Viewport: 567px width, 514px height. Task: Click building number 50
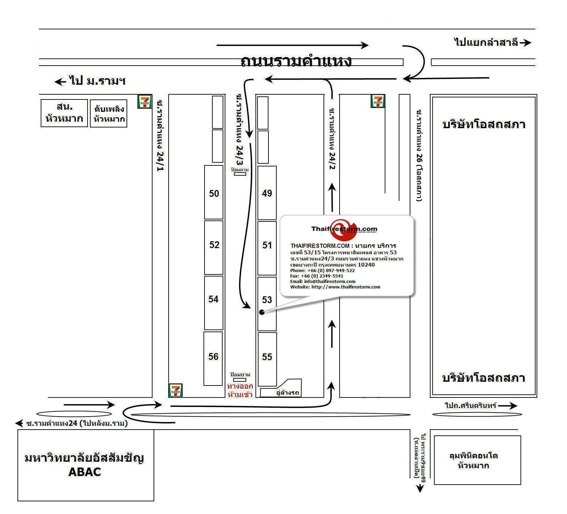point(214,193)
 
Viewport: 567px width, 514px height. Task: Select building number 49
point(267,193)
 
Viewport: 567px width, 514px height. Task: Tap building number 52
point(214,245)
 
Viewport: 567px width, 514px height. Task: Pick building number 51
point(267,245)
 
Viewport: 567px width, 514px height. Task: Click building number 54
point(213,299)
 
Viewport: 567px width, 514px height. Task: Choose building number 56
point(213,356)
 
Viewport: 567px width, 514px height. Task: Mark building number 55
point(267,357)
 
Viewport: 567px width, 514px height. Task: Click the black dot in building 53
point(262,312)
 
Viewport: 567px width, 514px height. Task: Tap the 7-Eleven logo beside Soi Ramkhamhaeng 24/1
point(145,102)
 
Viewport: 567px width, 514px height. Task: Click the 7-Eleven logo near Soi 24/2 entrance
point(378,101)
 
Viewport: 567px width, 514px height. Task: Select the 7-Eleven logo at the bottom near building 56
point(175,390)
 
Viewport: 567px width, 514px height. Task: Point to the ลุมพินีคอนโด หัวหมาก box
point(477,460)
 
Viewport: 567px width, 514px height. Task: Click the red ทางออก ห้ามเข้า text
point(240,390)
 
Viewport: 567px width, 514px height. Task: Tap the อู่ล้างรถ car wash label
point(287,393)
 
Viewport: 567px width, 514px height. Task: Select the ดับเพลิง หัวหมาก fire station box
point(109,114)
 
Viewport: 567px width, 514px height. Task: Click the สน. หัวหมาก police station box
point(64,113)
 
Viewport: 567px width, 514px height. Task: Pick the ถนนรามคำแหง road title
point(296,61)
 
